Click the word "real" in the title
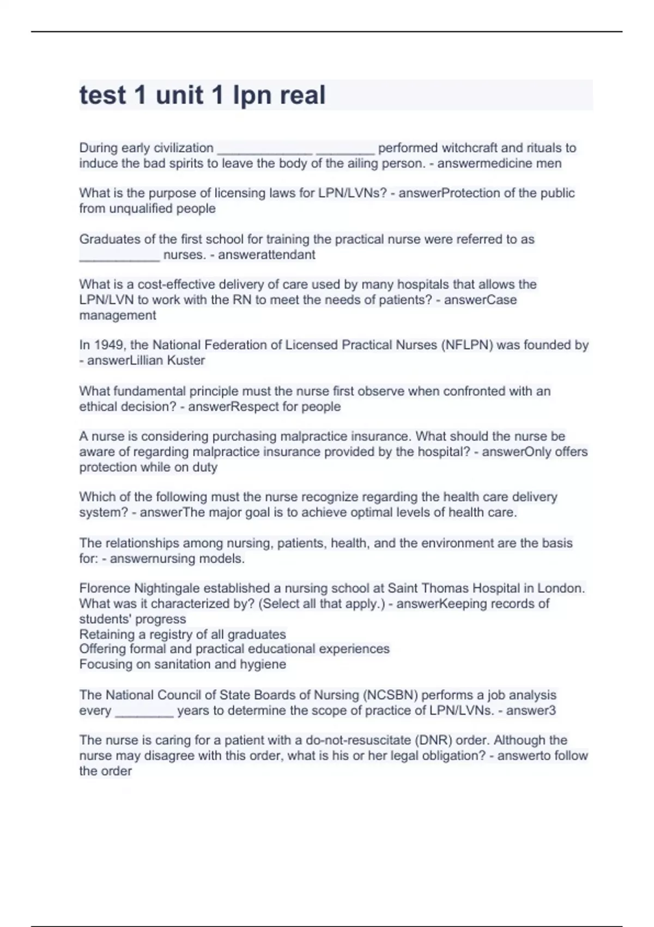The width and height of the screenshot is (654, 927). click(x=302, y=95)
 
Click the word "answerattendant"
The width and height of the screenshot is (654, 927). click(x=267, y=255)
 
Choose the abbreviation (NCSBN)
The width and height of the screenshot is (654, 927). click(x=390, y=695)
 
